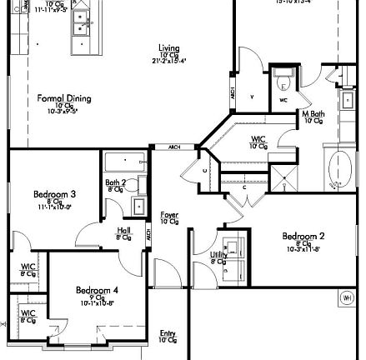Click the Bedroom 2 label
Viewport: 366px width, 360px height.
click(303, 236)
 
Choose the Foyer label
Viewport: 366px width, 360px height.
click(169, 215)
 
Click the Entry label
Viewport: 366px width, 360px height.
click(168, 333)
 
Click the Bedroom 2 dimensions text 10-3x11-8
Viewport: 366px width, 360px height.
click(303, 248)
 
